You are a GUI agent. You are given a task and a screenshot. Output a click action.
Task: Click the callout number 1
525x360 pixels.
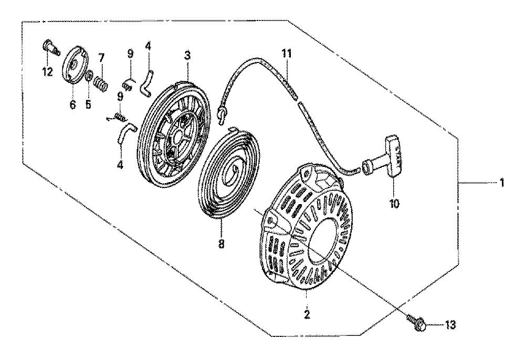pyautogui.click(x=501, y=183)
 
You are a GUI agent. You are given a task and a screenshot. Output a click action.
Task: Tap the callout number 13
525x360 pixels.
pyautogui.click(x=450, y=324)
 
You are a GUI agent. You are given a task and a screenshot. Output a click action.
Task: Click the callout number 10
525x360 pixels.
pyautogui.click(x=394, y=204)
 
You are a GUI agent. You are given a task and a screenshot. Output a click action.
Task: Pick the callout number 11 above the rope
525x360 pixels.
pyautogui.click(x=286, y=54)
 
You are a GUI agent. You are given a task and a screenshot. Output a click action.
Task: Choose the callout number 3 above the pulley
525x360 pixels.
pyautogui.click(x=187, y=56)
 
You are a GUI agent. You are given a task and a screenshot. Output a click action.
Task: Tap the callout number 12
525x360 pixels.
pyautogui.click(x=47, y=71)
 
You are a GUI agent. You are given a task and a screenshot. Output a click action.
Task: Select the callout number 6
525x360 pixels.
pyautogui.click(x=72, y=104)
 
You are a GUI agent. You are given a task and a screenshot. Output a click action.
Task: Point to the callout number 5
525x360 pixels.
pyautogui.click(x=88, y=104)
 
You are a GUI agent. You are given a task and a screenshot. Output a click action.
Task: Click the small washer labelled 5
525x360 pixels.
pyautogui.click(x=89, y=77)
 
